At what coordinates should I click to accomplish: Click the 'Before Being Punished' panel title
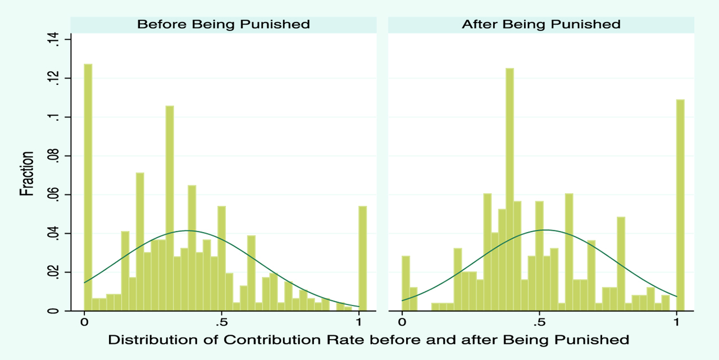(223, 25)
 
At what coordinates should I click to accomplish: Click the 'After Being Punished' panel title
(541, 25)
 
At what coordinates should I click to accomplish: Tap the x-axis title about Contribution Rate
(368, 340)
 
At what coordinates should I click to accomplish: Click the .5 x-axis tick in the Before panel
(221, 323)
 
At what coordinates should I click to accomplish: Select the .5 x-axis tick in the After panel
(539, 323)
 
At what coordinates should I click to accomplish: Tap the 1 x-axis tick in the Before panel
(359, 323)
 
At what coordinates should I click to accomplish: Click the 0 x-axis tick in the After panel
(402, 323)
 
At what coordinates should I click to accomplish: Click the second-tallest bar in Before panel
(170, 208)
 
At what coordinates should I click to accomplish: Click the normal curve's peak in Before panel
(188, 230)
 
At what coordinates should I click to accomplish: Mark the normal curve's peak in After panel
(543, 230)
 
